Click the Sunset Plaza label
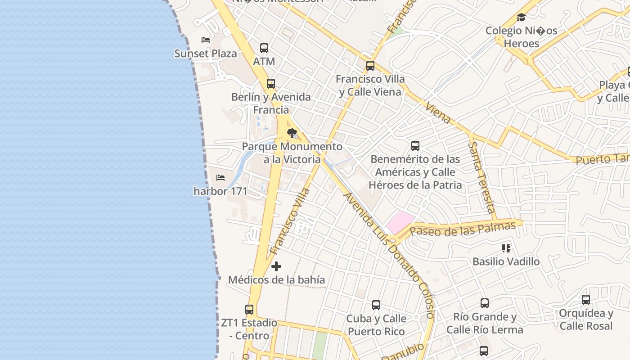point(205,54)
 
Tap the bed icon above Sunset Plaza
point(206,40)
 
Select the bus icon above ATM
point(264,48)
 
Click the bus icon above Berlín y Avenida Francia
point(271,84)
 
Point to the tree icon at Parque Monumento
point(292,133)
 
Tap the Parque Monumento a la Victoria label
point(292,153)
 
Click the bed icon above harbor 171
point(220,178)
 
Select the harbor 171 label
point(220,191)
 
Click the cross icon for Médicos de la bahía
point(276,267)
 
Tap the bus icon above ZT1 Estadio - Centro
point(249,310)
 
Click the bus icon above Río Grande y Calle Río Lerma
point(485,303)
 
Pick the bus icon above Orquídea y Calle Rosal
point(586,300)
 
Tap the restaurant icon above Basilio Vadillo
point(506,248)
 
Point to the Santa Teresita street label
point(481,177)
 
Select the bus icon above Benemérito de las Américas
point(415,146)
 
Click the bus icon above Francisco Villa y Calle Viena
point(370,66)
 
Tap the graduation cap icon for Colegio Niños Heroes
point(521,18)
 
